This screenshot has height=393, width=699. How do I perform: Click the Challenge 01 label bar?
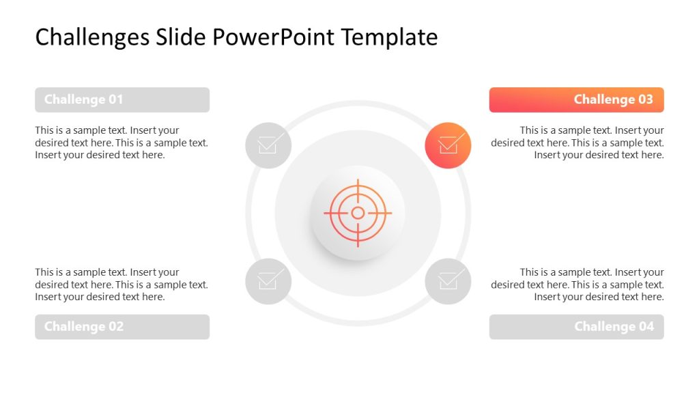coord(122,100)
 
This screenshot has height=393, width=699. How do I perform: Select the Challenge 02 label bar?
coord(122,327)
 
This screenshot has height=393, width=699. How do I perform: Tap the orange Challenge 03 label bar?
coord(576,100)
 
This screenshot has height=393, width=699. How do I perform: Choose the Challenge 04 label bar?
coord(576,327)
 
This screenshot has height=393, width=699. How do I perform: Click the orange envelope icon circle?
coord(448,145)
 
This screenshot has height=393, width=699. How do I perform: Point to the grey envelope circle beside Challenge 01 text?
coord(268,145)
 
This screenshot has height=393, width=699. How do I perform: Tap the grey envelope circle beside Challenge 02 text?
coord(268,281)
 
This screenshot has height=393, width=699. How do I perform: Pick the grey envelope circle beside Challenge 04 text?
coord(448,281)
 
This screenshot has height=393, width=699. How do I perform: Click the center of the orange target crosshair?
coord(358,213)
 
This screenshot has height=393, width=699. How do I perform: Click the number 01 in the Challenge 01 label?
coord(115,100)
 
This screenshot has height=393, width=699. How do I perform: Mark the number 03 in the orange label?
coord(645,100)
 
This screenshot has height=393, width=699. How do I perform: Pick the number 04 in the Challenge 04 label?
coord(645,327)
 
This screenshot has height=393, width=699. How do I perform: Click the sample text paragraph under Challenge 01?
coord(122,143)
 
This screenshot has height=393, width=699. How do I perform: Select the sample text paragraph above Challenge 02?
coord(122,285)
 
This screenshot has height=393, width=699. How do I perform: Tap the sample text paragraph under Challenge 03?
coord(577,143)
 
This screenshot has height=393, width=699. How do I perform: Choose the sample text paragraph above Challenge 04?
coord(577,285)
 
